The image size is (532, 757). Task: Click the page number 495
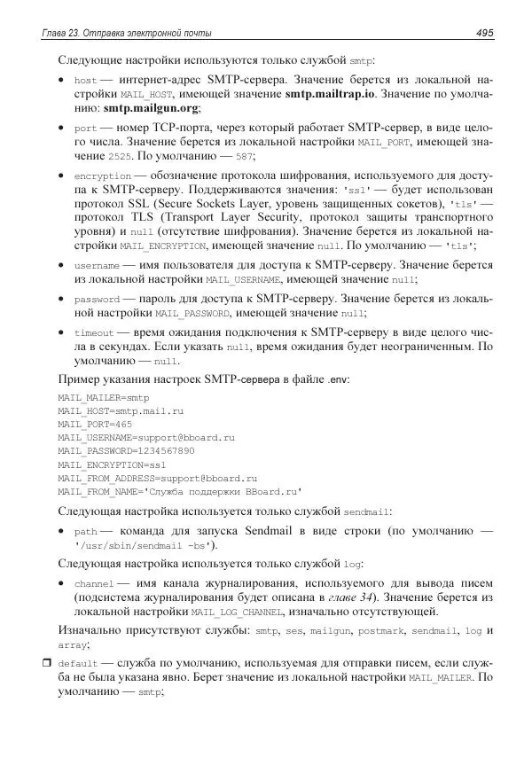click(484, 33)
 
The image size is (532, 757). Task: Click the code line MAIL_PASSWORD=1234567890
click(126, 450)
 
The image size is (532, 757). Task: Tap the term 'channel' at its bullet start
click(94, 583)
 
